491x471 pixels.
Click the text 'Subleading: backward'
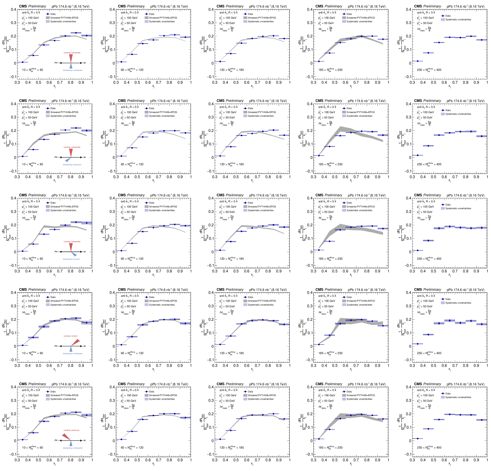point(72,165)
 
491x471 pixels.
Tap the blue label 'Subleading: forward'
point(71,259)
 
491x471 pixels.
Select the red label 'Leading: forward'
point(70,336)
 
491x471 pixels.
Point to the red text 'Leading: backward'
point(71,430)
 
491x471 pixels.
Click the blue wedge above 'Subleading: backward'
point(68,160)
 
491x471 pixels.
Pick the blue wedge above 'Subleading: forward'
point(74,254)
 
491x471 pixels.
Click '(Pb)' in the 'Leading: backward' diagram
point(56,440)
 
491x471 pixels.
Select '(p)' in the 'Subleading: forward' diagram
point(85,251)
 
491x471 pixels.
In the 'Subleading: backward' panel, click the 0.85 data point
point(76,128)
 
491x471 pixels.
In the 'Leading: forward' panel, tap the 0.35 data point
point(23,345)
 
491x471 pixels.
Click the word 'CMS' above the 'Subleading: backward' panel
point(23,100)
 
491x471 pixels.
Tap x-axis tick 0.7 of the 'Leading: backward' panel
point(60,460)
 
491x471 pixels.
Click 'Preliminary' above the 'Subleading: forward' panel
point(37,195)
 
